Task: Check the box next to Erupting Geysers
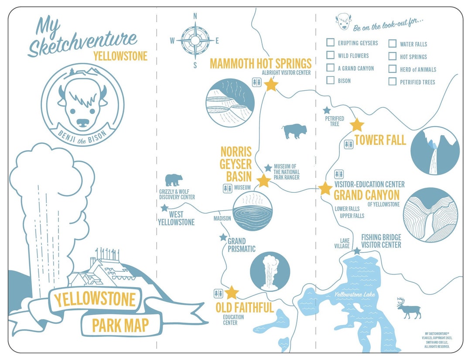pyautogui.click(x=331, y=43)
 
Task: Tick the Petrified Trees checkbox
pyautogui.click(x=392, y=82)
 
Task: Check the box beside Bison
pyautogui.click(x=331, y=80)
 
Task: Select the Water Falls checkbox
pyautogui.click(x=392, y=44)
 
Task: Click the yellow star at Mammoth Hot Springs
pyautogui.click(x=271, y=84)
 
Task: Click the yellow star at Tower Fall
pyautogui.click(x=357, y=125)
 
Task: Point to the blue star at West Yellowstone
pyautogui.click(x=164, y=208)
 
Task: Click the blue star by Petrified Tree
pyautogui.click(x=327, y=110)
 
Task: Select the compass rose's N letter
pyautogui.click(x=195, y=17)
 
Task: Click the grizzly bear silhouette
pyautogui.click(x=174, y=180)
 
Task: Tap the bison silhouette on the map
pyautogui.click(x=294, y=131)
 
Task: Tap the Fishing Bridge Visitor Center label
pyautogui.click(x=381, y=241)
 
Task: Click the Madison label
pyautogui.click(x=222, y=219)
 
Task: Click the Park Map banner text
pyautogui.click(x=120, y=325)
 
